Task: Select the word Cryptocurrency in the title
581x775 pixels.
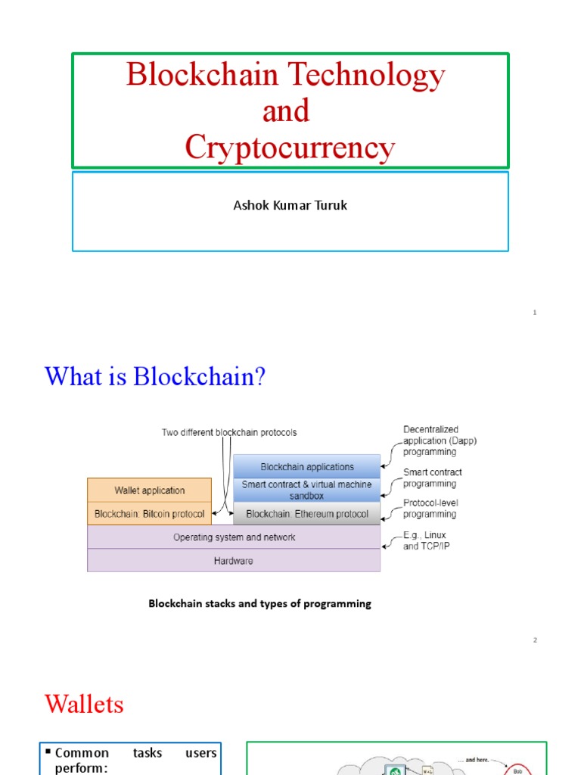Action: pos(290,148)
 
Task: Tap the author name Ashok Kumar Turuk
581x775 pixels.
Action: pos(290,205)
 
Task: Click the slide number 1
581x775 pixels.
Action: pos(535,312)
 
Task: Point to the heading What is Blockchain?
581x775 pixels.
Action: pos(155,376)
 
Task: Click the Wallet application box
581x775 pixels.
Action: pos(150,490)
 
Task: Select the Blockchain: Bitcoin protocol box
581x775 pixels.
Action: pos(150,514)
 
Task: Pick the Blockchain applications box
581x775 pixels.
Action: pos(306,467)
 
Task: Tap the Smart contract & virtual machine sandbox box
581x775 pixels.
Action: pos(306,490)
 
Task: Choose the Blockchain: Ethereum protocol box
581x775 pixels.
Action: pos(306,514)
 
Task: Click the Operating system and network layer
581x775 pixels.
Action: pos(234,537)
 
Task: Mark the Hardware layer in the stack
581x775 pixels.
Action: pos(234,561)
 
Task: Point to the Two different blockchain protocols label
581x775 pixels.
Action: pos(229,433)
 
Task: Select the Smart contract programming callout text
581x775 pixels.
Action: pos(432,478)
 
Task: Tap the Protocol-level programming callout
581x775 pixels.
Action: pos(430,508)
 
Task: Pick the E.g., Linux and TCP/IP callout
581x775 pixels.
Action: pos(425,540)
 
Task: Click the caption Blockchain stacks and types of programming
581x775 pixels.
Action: pos(259,604)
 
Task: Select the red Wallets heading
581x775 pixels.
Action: pos(84,705)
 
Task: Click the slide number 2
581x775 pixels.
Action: pos(535,640)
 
